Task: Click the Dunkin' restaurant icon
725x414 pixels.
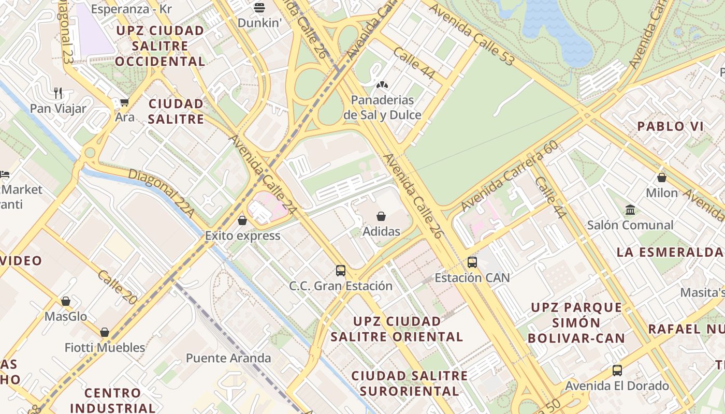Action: [x=259, y=8]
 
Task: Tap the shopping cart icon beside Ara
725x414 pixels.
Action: [x=124, y=102]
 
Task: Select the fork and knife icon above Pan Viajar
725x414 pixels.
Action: [x=58, y=93]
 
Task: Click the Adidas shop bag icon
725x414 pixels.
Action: [x=381, y=216]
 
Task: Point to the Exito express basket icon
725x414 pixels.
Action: [x=242, y=221]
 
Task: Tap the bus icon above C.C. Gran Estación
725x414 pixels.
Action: [x=340, y=270]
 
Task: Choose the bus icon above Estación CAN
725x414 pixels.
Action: [x=472, y=262]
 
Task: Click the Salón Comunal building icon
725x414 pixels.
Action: [x=630, y=210]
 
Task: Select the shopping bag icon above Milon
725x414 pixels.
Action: [x=661, y=178]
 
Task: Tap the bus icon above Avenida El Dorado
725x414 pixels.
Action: [x=617, y=371]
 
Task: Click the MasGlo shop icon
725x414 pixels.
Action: [x=66, y=301]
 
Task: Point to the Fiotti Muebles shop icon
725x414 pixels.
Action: [x=105, y=332]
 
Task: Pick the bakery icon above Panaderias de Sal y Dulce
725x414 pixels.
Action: [x=382, y=85]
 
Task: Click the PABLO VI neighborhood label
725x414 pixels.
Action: [x=670, y=126]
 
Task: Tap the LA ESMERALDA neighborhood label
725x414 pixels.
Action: [x=670, y=253]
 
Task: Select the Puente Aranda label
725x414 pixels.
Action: [x=228, y=358]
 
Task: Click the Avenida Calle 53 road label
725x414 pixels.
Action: [x=471, y=35]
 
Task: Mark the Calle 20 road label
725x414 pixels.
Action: [x=118, y=287]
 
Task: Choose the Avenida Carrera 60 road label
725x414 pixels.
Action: [x=509, y=176]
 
